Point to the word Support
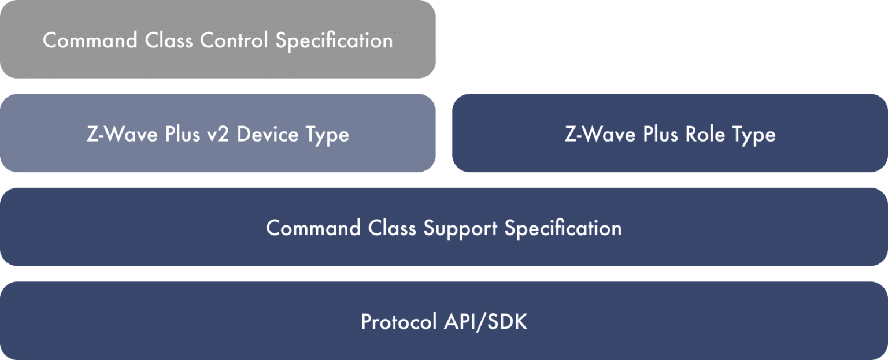(x=460, y=228)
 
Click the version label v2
(x=219, y=135)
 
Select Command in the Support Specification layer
(x=313, y=228)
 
